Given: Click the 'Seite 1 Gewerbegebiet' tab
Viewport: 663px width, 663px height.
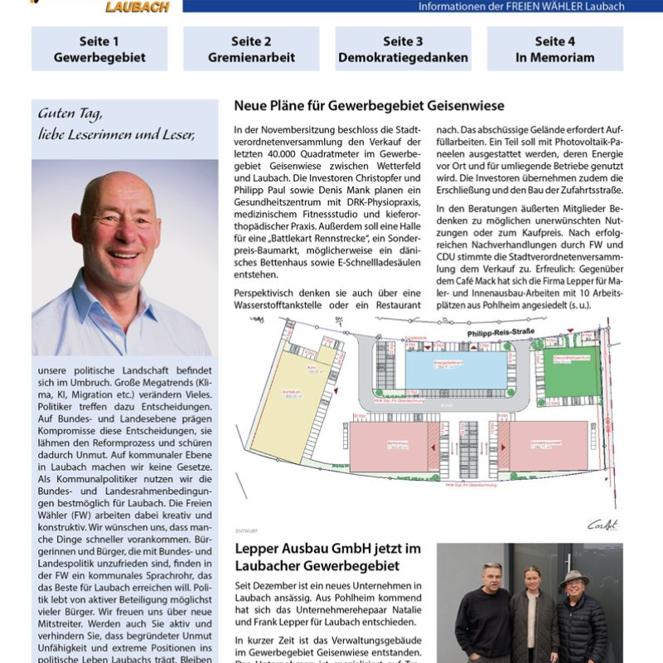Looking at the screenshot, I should tap(99, 49).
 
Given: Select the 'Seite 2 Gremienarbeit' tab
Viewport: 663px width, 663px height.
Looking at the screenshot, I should tap(251, 49).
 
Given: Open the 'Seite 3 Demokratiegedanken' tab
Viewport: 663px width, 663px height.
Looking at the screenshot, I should tap(403, 49).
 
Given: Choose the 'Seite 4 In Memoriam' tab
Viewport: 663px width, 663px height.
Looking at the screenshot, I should tap(554, 49).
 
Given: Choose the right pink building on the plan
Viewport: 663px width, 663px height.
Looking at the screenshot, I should tap(547, 445).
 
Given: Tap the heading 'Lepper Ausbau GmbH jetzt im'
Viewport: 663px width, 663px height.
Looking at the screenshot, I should tap(328, 549).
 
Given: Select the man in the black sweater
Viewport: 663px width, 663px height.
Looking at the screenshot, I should tap(483, 613).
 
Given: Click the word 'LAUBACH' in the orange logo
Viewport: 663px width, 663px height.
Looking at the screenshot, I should tap(137, 7).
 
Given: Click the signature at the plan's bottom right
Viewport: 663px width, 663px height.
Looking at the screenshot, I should tap(603, 524).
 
